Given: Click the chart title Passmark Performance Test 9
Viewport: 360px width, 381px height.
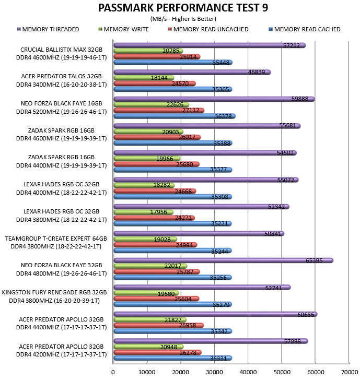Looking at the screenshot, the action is pyautogui.click(x=183, y=8).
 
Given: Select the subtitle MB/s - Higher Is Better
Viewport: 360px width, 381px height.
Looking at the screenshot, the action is pyautogui.click(x=183, y=19).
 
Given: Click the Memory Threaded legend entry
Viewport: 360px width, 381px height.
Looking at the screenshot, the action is pyautogui.click(x=48, y=29).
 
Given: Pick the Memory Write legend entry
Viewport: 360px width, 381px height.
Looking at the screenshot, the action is pyautogui.click(x=123, y=29).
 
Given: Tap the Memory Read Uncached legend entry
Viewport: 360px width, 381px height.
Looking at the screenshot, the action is pyautogui.click(x=208, y=29).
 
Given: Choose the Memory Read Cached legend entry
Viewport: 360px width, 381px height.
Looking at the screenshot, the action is pyautogui.click(x=305, y=29).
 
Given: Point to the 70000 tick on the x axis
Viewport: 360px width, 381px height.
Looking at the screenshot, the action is pyautogui.click(x=350, y=372).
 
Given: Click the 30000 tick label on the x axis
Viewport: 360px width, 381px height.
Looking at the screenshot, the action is pyautogui.click(x=214, y=372).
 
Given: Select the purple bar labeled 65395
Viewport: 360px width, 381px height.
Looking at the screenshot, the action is pyautogui.click(x=223, y=260).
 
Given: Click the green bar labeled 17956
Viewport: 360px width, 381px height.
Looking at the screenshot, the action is pyautogui.click(x=144, y=212).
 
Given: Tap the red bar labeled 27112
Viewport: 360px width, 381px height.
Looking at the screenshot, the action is pyautogui.click(x=159, y=110).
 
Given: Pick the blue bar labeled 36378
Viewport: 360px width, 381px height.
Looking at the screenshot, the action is pyautogui.click(x=175, y=116).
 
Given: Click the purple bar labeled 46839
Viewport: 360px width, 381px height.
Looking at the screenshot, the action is pyautogui.click(x=192, y=72).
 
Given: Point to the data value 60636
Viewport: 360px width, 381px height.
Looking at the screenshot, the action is pyautogui.click(x=306, y=315).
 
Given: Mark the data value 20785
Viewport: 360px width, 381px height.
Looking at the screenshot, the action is pyautogui.click(x=171, y=51).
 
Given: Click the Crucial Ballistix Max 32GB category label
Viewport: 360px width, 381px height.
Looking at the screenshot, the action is pyautogui.click(x=61, y=50).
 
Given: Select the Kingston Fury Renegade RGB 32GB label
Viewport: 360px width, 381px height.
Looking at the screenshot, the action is pyautogui.click(x=54, y=292).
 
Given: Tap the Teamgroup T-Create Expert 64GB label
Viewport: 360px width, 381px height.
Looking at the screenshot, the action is pyautogui.click(x=56, y=239).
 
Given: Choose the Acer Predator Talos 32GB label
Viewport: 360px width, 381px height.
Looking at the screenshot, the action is pyautogui.click(x=61, y=76).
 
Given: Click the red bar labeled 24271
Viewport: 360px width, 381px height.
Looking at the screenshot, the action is pyautogui.click(x=154, y=218).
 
